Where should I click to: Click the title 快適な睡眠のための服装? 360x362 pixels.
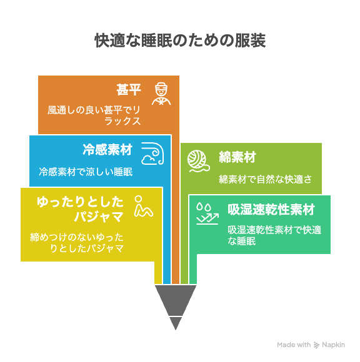(180, 41)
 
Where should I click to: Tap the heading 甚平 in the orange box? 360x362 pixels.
(129, 90)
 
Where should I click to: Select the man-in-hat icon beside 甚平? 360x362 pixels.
(161, 94)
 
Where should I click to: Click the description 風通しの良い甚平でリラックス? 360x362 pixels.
(94, 115)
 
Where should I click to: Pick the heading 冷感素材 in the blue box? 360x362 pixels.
(107, 150)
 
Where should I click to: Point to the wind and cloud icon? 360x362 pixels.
(152, 154)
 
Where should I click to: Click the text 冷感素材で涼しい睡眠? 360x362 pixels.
(86, 172)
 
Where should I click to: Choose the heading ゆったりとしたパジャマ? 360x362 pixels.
(80, 209)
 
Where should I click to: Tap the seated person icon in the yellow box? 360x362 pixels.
(143, 206)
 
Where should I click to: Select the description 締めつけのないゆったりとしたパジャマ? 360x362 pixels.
(77, 243)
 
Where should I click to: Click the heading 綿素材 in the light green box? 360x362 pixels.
(237, 157)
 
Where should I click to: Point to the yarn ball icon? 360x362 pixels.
(199, 161)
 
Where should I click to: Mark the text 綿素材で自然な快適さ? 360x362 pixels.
(266, 179)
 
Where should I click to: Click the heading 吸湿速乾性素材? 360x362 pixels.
(271, 210)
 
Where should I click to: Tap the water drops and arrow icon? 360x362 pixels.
(207, 213)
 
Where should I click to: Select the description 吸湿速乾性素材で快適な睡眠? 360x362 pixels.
(274, 235)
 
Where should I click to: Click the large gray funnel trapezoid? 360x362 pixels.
(176, 300)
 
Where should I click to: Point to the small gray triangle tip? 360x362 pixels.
(176, 324)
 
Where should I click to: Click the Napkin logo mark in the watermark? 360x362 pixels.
(316, 345)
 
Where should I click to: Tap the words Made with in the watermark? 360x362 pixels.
(294, 345)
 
